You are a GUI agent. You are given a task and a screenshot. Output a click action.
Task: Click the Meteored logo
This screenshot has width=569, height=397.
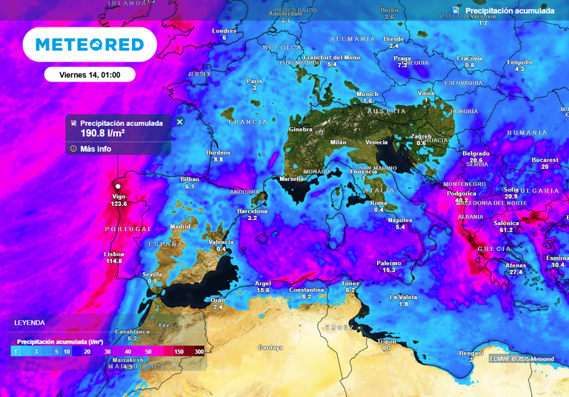coord(90,44)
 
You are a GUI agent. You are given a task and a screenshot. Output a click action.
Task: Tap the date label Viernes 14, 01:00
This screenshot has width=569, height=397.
coord(89,74)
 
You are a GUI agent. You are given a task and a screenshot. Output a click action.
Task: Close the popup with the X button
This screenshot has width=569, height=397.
coord(179,121)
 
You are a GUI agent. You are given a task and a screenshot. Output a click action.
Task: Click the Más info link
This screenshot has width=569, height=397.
coord(96,148)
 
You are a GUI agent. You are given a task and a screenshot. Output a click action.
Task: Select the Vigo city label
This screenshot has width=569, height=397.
coord(119,196)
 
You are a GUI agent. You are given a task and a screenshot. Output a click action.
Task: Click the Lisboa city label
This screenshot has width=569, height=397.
coord(113,254)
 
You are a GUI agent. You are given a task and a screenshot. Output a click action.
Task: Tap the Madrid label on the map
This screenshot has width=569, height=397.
coord(180,227)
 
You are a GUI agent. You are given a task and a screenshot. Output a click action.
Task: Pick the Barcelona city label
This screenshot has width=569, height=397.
coord(252,211)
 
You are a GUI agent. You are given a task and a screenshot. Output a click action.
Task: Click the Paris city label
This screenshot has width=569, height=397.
coord(254,81)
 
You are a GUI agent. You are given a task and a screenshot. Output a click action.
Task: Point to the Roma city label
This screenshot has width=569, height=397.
coord(379,203)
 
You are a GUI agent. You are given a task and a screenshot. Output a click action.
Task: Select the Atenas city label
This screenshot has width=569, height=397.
coord(516,265)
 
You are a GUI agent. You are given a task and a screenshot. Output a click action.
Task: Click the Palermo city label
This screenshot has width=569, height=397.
coord(389,263)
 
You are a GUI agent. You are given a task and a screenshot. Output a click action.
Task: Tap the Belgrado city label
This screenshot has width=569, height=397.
coord(476,153)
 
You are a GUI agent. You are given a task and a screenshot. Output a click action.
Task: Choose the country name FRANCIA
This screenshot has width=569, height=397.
coord(247,121)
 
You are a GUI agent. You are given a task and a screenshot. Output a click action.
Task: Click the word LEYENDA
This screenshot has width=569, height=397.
coord(30,323)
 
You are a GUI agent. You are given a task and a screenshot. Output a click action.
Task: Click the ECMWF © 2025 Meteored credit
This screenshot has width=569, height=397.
coord(522,359)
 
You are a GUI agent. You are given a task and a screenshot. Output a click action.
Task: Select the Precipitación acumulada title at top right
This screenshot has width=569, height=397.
coord(510,11)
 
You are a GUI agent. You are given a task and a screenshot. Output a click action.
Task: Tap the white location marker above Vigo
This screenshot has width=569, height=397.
coord(118,187)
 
